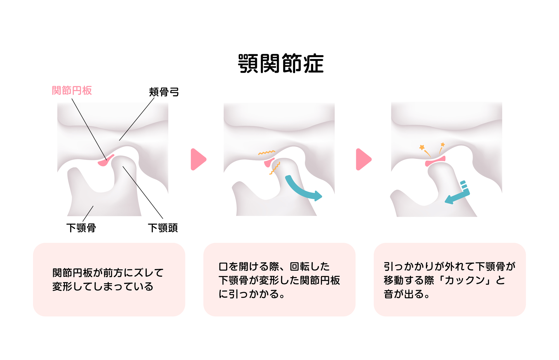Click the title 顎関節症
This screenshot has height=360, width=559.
(281, 63)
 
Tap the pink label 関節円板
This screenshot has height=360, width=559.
(72, 91)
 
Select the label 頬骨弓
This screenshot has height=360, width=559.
(164, 92)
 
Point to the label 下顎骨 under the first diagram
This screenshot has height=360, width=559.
(81, 228)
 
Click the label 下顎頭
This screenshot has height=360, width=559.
(163, 228)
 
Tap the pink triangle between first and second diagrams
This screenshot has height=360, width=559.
(198, 159)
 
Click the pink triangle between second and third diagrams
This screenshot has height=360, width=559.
(363, 159)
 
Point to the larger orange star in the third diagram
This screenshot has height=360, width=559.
(422, 147)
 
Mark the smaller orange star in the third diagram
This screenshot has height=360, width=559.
(443, 145)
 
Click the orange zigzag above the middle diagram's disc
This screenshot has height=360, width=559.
(267, 152)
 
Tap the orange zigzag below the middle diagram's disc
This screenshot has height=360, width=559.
(275, 168)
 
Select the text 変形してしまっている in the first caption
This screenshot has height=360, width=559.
(103, 287)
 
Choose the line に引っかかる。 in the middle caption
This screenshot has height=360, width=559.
(252, 294)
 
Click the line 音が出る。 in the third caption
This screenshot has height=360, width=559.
(407, 294)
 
